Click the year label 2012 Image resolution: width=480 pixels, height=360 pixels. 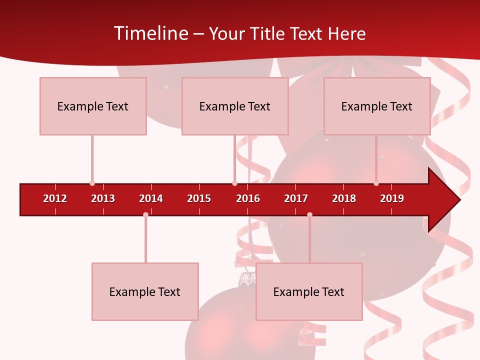(x=55, y=198)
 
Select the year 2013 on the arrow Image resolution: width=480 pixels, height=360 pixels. (x=103, y=198)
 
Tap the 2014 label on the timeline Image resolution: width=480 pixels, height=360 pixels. (x=151, y=198)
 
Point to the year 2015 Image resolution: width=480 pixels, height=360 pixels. (x=199, y=198)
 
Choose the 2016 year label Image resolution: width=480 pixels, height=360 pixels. (x=248, y=198)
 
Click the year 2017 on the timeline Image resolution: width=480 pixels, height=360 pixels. (x=296, y=198)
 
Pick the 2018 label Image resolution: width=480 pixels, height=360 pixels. (x=344, y=198)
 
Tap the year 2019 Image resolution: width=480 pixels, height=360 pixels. (x=392, y=198)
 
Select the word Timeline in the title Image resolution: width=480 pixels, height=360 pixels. (x=150, y=33)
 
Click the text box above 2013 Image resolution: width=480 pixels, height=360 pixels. (x=93, y=106)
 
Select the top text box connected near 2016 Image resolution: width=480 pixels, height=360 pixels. (x=235, y=106)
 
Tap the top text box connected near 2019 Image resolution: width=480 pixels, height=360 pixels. (x=377, y=106)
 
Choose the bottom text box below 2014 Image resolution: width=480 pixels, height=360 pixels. (x=145, y=291)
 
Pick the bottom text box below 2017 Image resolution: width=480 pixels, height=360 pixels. (x=309, y=291)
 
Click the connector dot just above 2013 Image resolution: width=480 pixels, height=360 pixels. (x=92, y=183)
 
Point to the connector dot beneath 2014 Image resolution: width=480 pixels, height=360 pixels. (x=145, y=214)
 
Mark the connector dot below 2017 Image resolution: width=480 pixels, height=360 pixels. (x=309, y=214)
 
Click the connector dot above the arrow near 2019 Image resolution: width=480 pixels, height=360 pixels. (x=376, y=183)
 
